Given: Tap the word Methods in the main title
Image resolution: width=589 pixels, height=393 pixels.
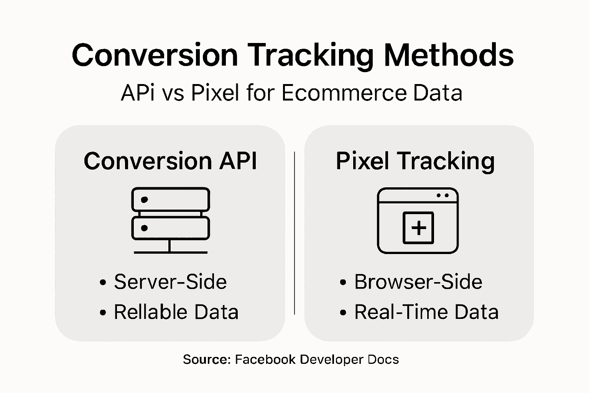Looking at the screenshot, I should click(x=449, y=55).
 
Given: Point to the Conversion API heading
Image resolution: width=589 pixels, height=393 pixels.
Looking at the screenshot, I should click(x=170, y=161).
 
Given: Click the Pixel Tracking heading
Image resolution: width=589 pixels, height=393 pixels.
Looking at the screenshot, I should click(x=415, y=161).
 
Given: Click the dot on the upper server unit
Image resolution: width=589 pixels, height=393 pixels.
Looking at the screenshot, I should click(x=145, y=200).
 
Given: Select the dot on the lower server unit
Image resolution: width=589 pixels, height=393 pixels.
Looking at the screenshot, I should click(x=145, y=228).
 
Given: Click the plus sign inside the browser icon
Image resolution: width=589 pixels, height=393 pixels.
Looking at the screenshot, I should click(x=418, y=228).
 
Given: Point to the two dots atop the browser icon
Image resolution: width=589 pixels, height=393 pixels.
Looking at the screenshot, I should click(x=443, y=195).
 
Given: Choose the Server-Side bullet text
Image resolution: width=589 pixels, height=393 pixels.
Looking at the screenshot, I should click(x=170, y=282).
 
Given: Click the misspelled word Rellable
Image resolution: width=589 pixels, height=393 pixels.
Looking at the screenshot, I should click(x=149, y=312).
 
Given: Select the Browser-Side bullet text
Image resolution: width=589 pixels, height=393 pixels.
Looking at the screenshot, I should click(x=418, y=282).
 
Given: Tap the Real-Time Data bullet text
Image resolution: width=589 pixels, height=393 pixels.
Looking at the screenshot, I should click(x=426, y=312).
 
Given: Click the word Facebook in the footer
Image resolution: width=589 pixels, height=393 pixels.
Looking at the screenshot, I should click(x=265, y=360).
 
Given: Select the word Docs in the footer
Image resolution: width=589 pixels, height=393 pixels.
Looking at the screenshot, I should click(x=383, y=360).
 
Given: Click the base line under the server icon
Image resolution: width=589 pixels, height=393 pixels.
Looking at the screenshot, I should click(x=171, y=253).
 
